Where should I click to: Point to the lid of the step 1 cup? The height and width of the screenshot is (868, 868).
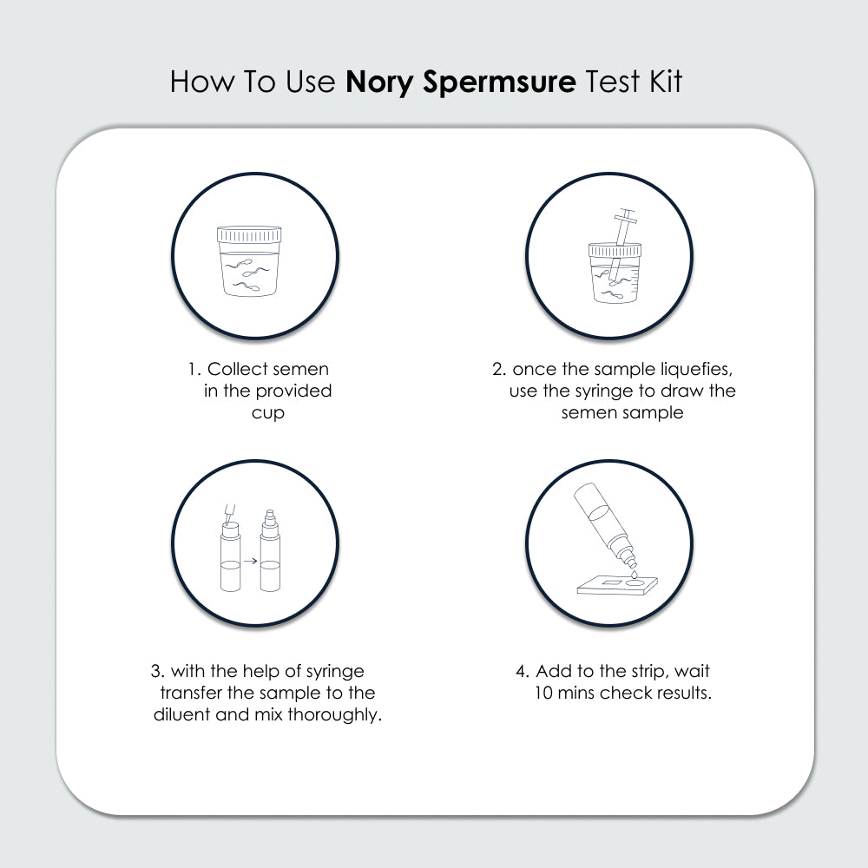click(250, 234)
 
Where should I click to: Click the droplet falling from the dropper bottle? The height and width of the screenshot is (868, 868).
click(634, 575)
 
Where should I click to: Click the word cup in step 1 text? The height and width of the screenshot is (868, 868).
click(267, 413)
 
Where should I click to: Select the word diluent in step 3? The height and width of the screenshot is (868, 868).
click(185, 715)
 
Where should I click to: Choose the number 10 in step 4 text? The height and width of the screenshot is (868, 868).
click(545, 694)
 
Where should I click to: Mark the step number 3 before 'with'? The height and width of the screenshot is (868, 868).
click(156, 671)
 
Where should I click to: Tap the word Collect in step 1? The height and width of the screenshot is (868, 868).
click(237, 369)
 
